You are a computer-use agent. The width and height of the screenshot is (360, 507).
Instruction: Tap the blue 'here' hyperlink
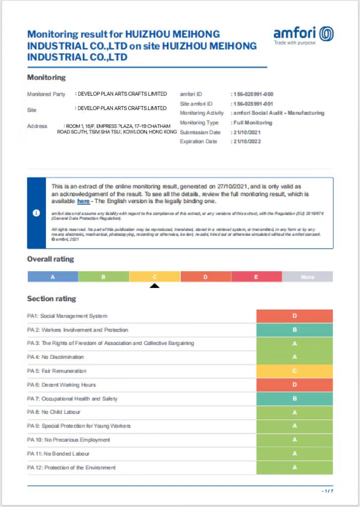click(x=83, y=202)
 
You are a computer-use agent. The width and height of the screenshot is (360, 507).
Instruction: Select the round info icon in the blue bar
click(x=36, y=213)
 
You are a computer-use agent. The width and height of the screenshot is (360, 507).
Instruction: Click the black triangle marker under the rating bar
click(x=154, y=285)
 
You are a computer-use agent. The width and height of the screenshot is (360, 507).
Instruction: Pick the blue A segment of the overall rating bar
click(x=53, y=277)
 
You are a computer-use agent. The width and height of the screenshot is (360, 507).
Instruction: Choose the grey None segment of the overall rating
click(x=307, y=277)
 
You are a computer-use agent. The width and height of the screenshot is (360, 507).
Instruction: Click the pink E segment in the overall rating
click(x=256, y=277)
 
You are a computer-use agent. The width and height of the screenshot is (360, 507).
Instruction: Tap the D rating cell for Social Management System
click(x=294, y=316)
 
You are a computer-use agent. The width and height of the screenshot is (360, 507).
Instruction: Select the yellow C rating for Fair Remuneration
click(x=294, y=371)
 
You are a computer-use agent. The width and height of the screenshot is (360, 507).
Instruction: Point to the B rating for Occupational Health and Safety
click(x=294, y=399)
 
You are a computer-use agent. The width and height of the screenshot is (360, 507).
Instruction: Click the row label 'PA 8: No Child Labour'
click(x=54, y=412)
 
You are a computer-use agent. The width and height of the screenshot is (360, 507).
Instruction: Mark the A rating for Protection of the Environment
click(x=294, y=467)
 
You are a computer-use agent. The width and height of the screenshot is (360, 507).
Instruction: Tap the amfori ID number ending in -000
click(x=253, y=94)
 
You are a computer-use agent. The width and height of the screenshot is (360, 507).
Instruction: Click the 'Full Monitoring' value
click(x=253, y=123)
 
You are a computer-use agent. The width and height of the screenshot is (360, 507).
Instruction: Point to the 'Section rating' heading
click(x=51, y=299)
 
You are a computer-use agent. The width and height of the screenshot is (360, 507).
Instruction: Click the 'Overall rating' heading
click(x=51, y=259)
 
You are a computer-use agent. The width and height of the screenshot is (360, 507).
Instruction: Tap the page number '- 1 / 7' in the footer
click(x=327, y=491)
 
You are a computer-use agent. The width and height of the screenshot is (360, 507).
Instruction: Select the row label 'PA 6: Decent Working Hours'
click(x=61, y=385)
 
